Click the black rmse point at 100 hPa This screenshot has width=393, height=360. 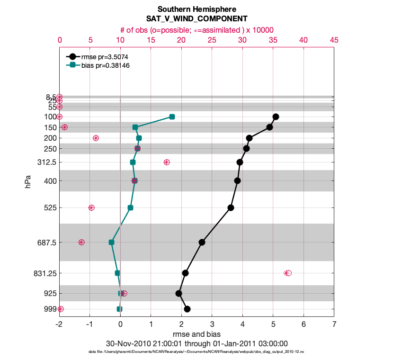tap(276, 117)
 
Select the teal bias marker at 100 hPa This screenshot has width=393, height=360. tap(172, 117)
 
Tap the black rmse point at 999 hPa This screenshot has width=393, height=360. tap(187, 309)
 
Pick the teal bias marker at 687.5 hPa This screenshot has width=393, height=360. tap(111, 242)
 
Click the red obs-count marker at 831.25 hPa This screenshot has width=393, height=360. tap(287, 273)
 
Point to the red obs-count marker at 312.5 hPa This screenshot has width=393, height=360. tap(167, 162)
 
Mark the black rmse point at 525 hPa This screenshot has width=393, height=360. tap(231, 207)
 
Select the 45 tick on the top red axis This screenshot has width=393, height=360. tap(334, 41)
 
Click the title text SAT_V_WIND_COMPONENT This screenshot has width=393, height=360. tap(196, 19)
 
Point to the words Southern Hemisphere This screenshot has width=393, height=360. tap(196, 9)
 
